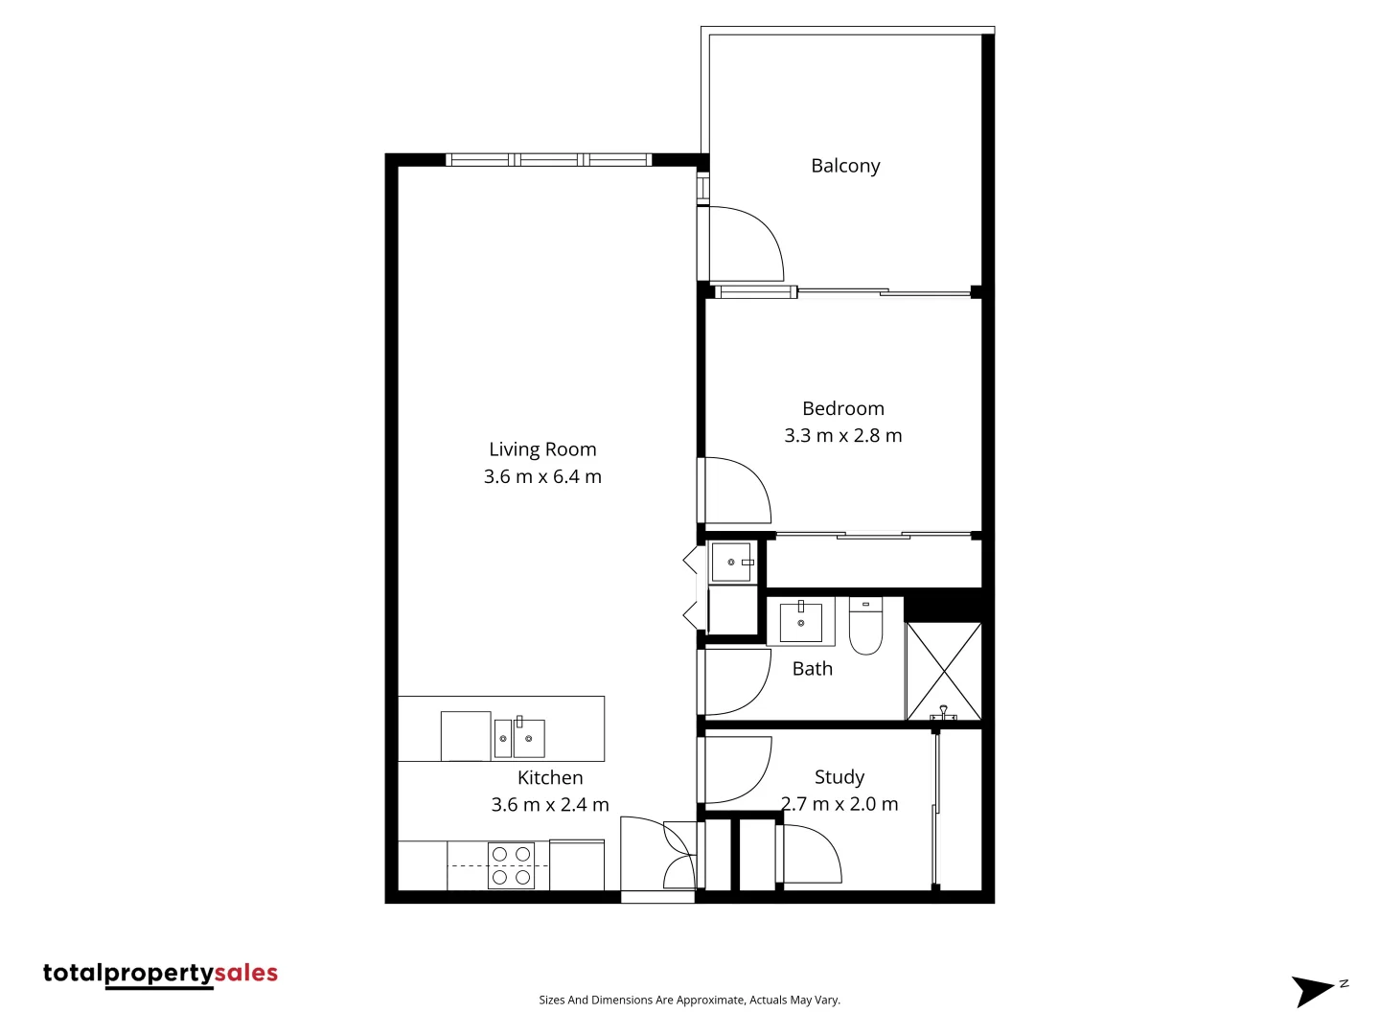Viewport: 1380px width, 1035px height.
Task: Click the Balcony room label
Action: tap(844, 166)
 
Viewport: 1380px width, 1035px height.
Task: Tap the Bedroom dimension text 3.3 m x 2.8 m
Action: tap(842, 436)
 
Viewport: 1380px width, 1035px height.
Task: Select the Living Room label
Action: tap(542, 449)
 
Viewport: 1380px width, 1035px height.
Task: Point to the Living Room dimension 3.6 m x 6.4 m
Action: tap(542, 476)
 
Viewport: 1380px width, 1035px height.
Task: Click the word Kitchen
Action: tap(550, 777)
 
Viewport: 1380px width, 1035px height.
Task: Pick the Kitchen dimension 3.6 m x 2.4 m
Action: tap(550, 805)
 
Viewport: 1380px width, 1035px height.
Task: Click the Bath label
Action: tap(812, 669)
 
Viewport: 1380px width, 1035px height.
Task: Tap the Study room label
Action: tap(839, 777)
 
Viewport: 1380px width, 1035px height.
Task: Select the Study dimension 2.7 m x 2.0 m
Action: tap(839, 804)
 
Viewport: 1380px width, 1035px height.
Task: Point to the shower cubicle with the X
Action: tap(943, 671)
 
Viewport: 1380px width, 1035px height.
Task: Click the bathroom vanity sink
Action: tap(800, 623)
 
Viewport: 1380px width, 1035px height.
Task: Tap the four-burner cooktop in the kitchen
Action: tap(511, 865)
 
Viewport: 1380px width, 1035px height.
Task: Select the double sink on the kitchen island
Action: tap(518, 738)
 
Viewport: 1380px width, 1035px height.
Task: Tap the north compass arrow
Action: tap(1315, 990)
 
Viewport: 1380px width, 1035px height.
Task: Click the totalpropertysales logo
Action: tap(160, 974)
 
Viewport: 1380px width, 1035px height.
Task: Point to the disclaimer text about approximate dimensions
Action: tap(689, 1000)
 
